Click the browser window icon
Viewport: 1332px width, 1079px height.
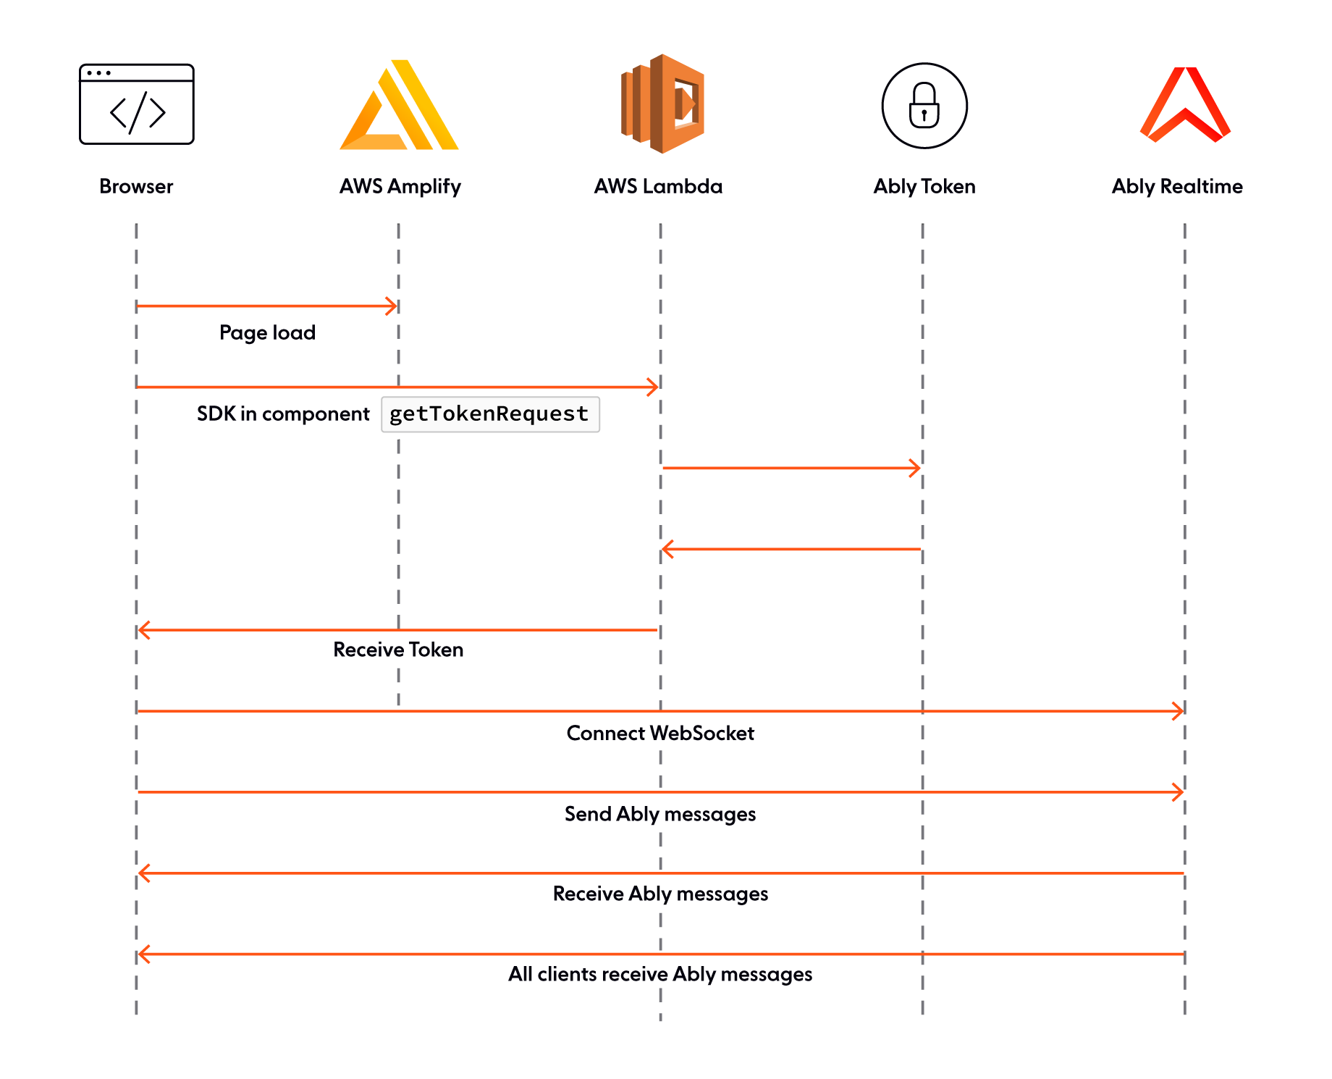click(x=136, y=104)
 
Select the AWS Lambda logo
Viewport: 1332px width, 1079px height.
click(x=662, y=104)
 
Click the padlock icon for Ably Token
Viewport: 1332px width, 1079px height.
click(x=924, y=106)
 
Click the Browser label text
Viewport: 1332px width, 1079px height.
click(x=136, y=186)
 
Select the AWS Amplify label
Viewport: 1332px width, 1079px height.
click(x=400, y=186)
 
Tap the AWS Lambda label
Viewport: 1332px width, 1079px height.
click(x=658, y=186)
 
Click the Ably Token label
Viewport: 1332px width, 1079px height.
click(x=924, y=186)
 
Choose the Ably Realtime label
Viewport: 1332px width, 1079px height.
click(x=1177, y=186)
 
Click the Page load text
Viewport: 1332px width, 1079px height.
click(x=267, y=332)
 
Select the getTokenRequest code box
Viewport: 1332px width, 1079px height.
click(x=490, y=414)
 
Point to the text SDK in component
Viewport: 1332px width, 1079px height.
click(x=283, y=413)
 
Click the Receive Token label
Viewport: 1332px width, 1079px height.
click(x=398, y=650)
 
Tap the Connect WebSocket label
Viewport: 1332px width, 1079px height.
click(x=660, y=733)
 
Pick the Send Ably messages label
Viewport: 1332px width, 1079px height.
click(x=660, y=814)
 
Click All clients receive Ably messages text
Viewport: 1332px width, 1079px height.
click(x=660, y=974)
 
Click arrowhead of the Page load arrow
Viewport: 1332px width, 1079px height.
click(x=392, y=306)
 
